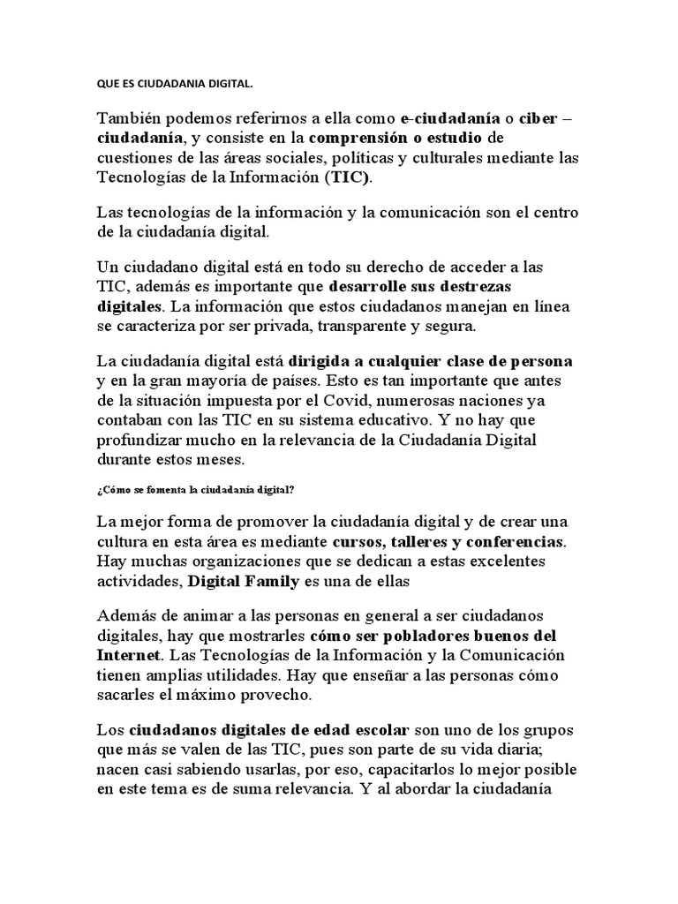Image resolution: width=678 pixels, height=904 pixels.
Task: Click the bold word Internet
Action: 128,656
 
